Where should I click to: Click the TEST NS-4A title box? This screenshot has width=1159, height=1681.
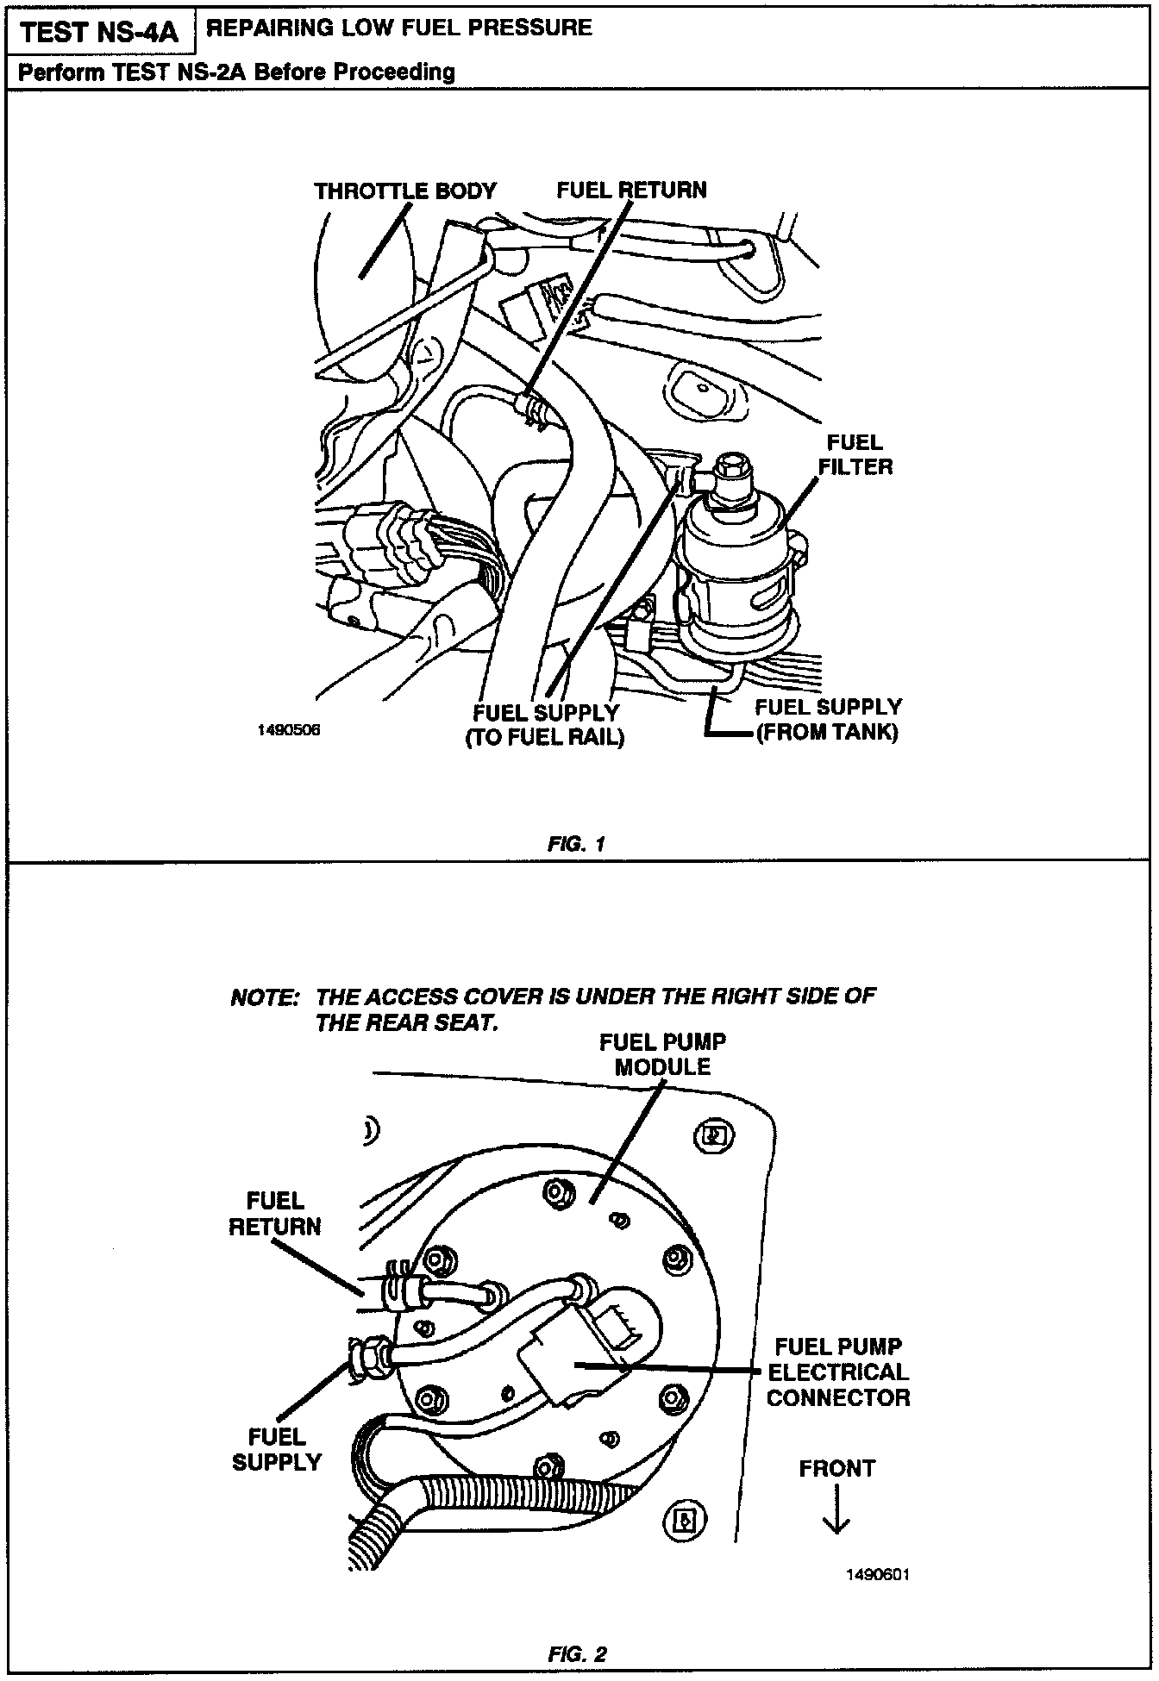pyautogui.click(x=98, y=32)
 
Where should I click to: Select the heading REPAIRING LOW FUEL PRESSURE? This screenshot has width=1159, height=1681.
pyautogui.click(x=400, y=28)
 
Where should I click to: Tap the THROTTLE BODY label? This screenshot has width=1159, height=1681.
pyautogui.click(x=404, y=191)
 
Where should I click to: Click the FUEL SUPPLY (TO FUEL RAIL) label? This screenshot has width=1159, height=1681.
pyautogui.click(x=545, y=726)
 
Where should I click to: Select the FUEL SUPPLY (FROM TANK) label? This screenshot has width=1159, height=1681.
pyautogui.click(x=827, y=720)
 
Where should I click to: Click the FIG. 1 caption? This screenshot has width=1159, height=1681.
pyautogui.click(x=576, y=844)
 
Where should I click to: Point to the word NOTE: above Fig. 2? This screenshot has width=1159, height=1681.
pyautogui.click(x=264, y=998)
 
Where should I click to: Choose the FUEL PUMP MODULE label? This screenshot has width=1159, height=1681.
pyautogui.click(x=662, y=1054)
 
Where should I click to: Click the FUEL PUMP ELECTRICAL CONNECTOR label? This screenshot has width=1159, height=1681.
pyautogui.click(x=837, y=1372)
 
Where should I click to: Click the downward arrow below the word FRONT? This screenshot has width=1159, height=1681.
pyautogui.click(x=836, y=1515)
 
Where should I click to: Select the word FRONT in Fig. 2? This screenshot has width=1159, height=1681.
pyautogui.click(x=836, y=1469)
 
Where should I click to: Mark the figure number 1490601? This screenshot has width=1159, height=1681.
pyautogui.click(x=879, y=1575)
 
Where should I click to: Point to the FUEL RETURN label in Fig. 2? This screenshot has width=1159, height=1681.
pyautogui.click(x=275, y=1214)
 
